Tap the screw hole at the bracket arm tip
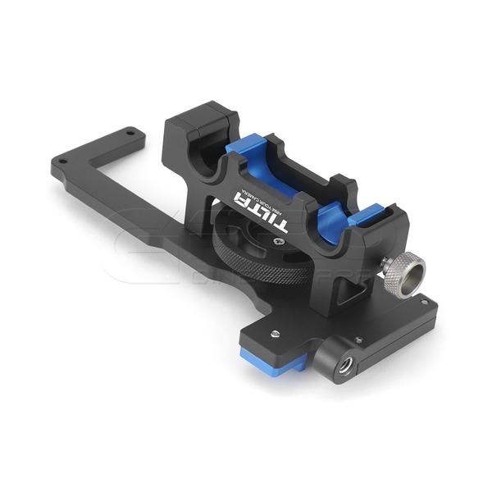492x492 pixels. coord(130,132)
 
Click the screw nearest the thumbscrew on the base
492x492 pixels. coord(423,302)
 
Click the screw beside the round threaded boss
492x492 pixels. coord(358,339)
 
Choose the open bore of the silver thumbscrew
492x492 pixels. coord(412,270)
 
